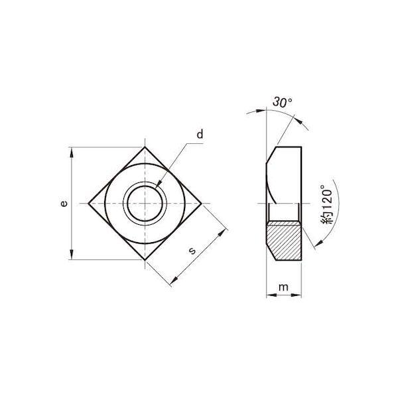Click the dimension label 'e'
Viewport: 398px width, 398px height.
[64, 204]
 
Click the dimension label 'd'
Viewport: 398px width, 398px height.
[200, 134]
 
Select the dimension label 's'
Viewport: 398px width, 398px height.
[192, 251]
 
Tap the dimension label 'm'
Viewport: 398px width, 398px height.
[283, 287]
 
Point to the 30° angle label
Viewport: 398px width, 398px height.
[283, 102]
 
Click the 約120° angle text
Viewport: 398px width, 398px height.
[327, 204]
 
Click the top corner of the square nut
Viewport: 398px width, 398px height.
[145, 147]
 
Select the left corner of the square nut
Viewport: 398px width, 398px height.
[88, 204]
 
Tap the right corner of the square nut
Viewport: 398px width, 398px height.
[202, 204]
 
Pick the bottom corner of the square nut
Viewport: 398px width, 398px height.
[145, 260]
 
